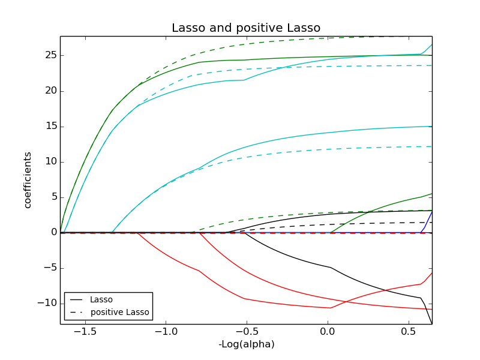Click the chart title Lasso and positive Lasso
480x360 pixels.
(x=246, y=28)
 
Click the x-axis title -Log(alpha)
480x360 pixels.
(x=246, y=344)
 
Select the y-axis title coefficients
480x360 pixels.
(x=28, y=180)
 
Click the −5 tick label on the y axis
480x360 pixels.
(x=49, y=268)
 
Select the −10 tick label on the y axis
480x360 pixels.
(x=46, y=303)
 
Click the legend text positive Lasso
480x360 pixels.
(x=120, y=312)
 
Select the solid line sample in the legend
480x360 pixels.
(x=76, y=299)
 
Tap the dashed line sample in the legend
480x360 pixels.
(x=76, y=312)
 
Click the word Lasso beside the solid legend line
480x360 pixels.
(x=101, y=299)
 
